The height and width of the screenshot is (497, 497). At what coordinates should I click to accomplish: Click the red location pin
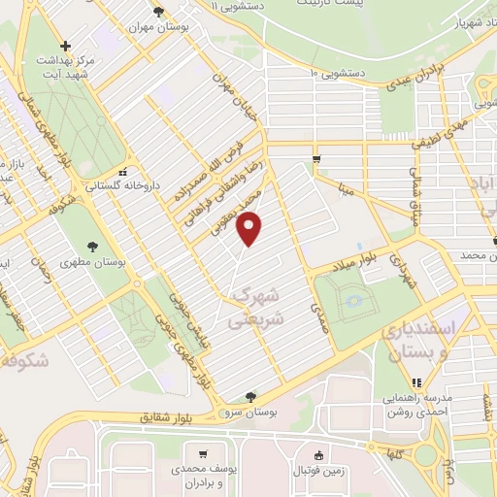[251, 228]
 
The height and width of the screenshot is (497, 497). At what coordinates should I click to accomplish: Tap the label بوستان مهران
[158, 28]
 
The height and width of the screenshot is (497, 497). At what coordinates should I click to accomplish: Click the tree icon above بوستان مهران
[158, 12]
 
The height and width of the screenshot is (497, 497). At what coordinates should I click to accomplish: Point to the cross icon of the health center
[65, 46]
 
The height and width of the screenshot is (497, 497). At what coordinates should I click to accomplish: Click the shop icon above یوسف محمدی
[202, 453]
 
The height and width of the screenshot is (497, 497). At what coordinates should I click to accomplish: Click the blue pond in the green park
[354, 302]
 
